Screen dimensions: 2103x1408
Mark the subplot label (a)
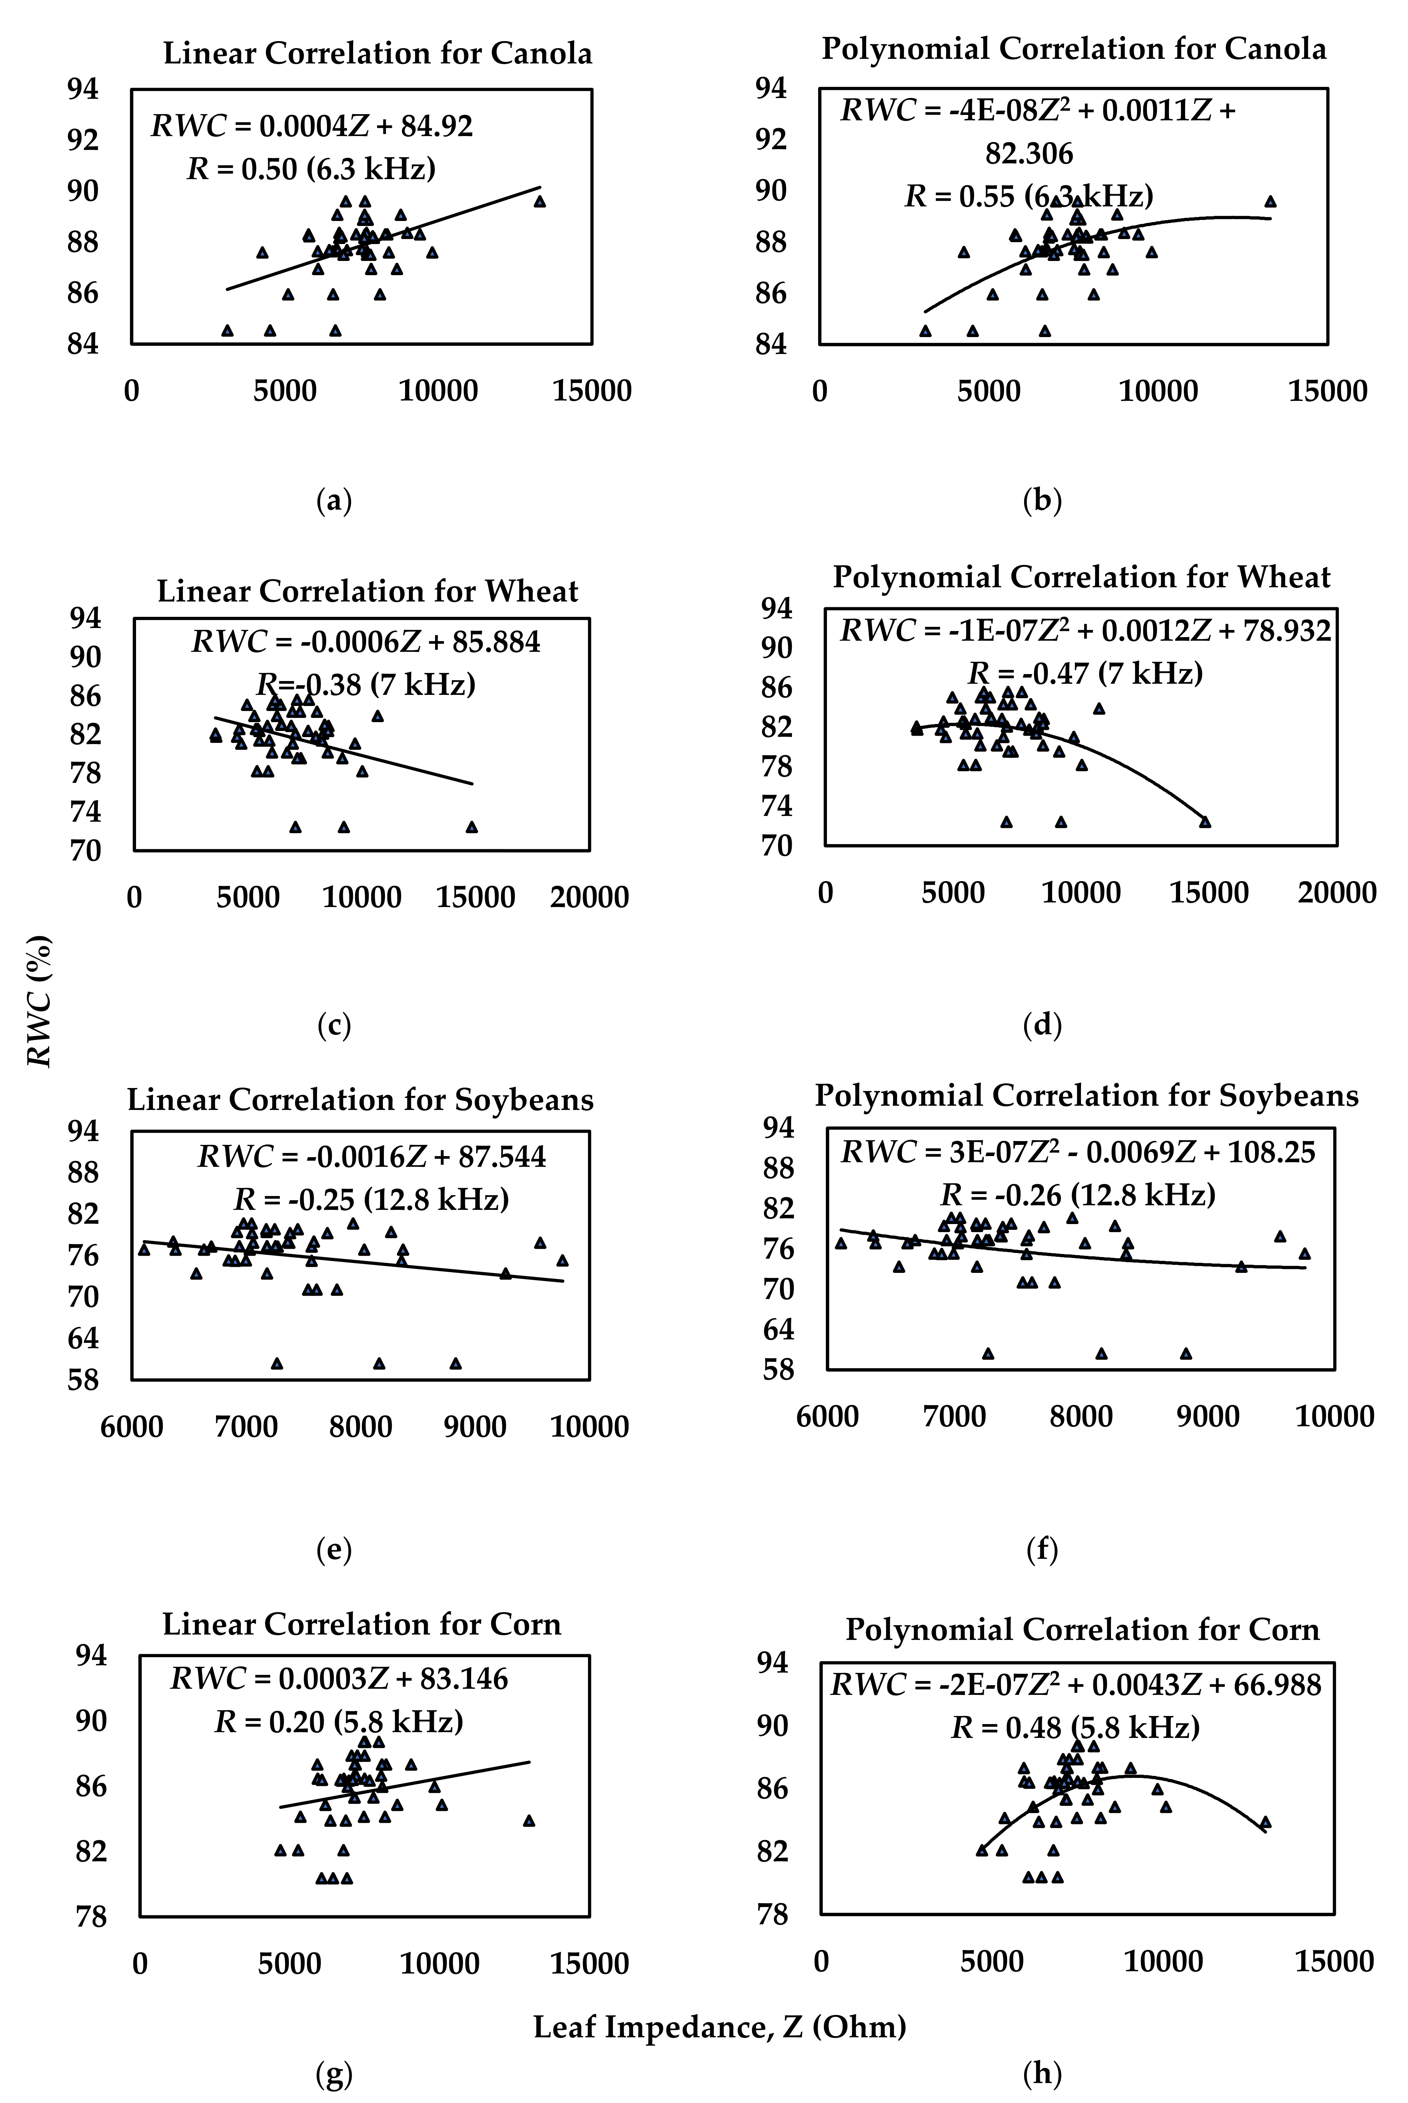(x=334, y=501)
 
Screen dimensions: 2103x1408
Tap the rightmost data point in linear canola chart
(x=540, y=201)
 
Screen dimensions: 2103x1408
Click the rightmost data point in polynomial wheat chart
(x=1205, y=822)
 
